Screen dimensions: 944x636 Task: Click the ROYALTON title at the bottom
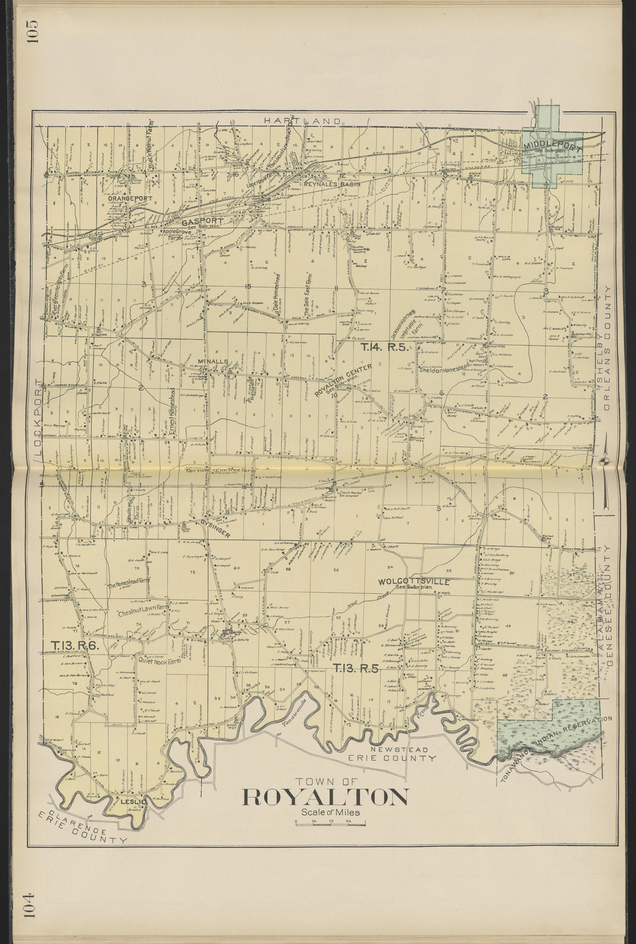coord(325,797)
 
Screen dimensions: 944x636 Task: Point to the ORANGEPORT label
coord(130,198)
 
